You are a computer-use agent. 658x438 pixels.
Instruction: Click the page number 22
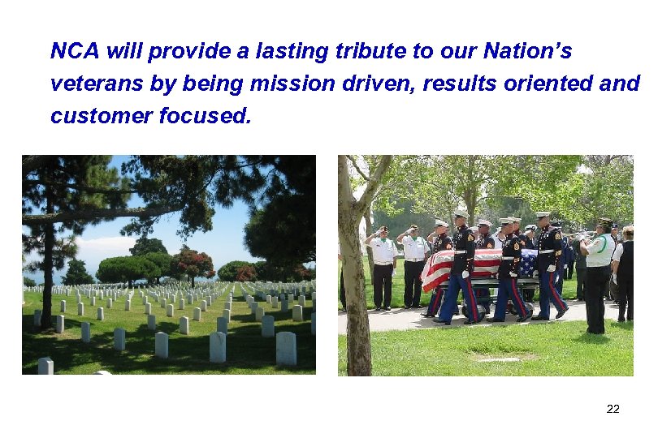coord(613,409)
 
